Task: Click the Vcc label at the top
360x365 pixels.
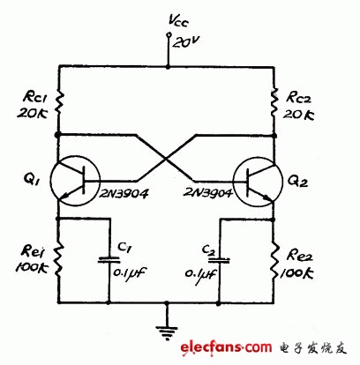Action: click(x=178, y=21)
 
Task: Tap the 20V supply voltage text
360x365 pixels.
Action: click(x=184, y=42)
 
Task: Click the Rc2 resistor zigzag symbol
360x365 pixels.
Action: click(x=274, y=101)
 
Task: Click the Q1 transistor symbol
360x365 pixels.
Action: click(x=75, y=181)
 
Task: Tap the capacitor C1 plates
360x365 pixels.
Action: click(x=109, y=259)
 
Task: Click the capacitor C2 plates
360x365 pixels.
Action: click(x=219, y=260)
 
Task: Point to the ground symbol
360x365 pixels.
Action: click(x=167, y=331)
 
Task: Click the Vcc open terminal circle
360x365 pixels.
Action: click(x=169, y=35)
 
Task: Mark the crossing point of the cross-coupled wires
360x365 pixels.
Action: click(x=167, y=159)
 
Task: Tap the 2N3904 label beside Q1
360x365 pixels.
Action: click(x=124, y=193)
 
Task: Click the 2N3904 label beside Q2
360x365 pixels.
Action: click(x=208, y=193)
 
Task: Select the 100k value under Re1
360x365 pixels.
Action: click(x=32, y=267)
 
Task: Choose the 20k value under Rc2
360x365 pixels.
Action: click(x=298, y=114)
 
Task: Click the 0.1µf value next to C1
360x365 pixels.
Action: click(x=130, y=273)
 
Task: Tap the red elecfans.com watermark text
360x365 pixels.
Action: click(x=226, y=347)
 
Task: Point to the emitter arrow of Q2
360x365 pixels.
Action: click(x=267, y=197)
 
